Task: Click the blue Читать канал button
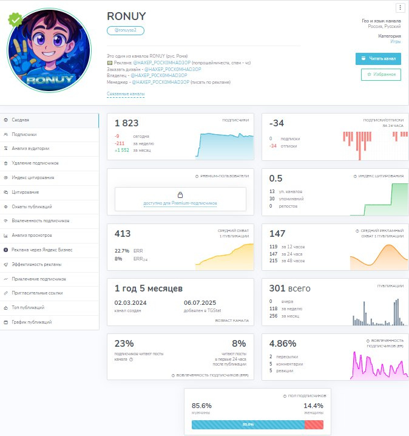[x=378, y=59]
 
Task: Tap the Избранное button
[x=381, y=75]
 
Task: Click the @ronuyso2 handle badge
[x=126, y=30]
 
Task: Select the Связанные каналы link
[x=125, y=94]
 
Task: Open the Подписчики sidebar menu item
[x=24, y=135]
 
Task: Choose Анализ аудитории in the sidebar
[x=30, y=149]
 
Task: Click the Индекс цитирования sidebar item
[x=33, y=178]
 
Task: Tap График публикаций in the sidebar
[x=32, y=322]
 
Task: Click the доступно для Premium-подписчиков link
[x=180, y=203]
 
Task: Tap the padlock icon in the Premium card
[x=180, y=194]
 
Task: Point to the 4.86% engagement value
[x=282, y=343]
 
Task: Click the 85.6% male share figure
[x=201, y=405]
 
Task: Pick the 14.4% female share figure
[x=313, y=405]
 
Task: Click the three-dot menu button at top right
[x=400, y=8]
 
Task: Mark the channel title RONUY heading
[x=126, y=16]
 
